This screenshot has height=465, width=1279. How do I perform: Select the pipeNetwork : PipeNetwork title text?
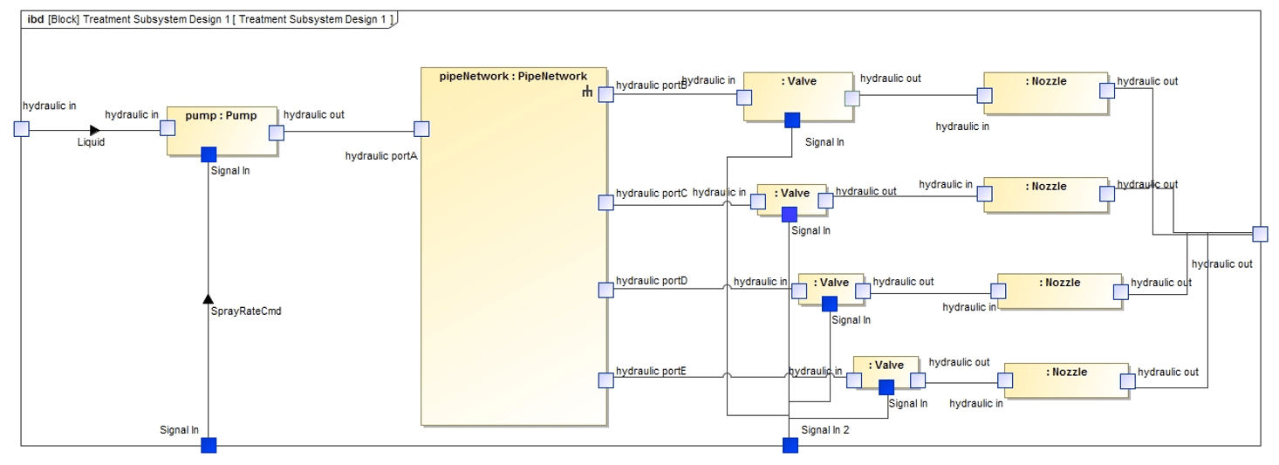tap(513, 76)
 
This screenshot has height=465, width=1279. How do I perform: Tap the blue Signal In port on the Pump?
tap(209, 154)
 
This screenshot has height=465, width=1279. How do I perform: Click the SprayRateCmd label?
tap(245, 311)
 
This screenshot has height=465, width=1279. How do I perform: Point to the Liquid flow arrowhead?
tap(95, 130)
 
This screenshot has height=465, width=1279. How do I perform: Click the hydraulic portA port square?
tap(421, 129)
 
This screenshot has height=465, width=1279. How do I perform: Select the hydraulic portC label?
tap(651, 193)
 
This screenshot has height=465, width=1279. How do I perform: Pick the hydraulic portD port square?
tap(605, 290)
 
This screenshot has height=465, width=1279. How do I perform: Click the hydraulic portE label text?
tap(651, 371)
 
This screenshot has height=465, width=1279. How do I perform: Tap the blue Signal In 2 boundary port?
tap(790, 445)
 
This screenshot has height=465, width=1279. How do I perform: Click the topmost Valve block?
tap(797, 96)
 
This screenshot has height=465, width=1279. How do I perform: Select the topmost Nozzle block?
tap(1045, 93)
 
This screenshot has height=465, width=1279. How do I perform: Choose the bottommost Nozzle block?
tap(1066, 380)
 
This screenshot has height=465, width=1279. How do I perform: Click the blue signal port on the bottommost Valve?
tap(886, 387)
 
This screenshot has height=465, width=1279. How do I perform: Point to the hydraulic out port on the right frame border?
tap(1260, 234)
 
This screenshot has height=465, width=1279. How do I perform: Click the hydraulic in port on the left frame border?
tap(22, 129)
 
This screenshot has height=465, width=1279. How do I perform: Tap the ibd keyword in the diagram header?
tap(36, 19)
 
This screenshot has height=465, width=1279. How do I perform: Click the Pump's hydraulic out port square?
tap(276, 133)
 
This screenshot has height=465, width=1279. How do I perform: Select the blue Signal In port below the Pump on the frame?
tap(209, 445)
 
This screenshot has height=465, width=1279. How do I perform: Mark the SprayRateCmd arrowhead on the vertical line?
tap(208, 298)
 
